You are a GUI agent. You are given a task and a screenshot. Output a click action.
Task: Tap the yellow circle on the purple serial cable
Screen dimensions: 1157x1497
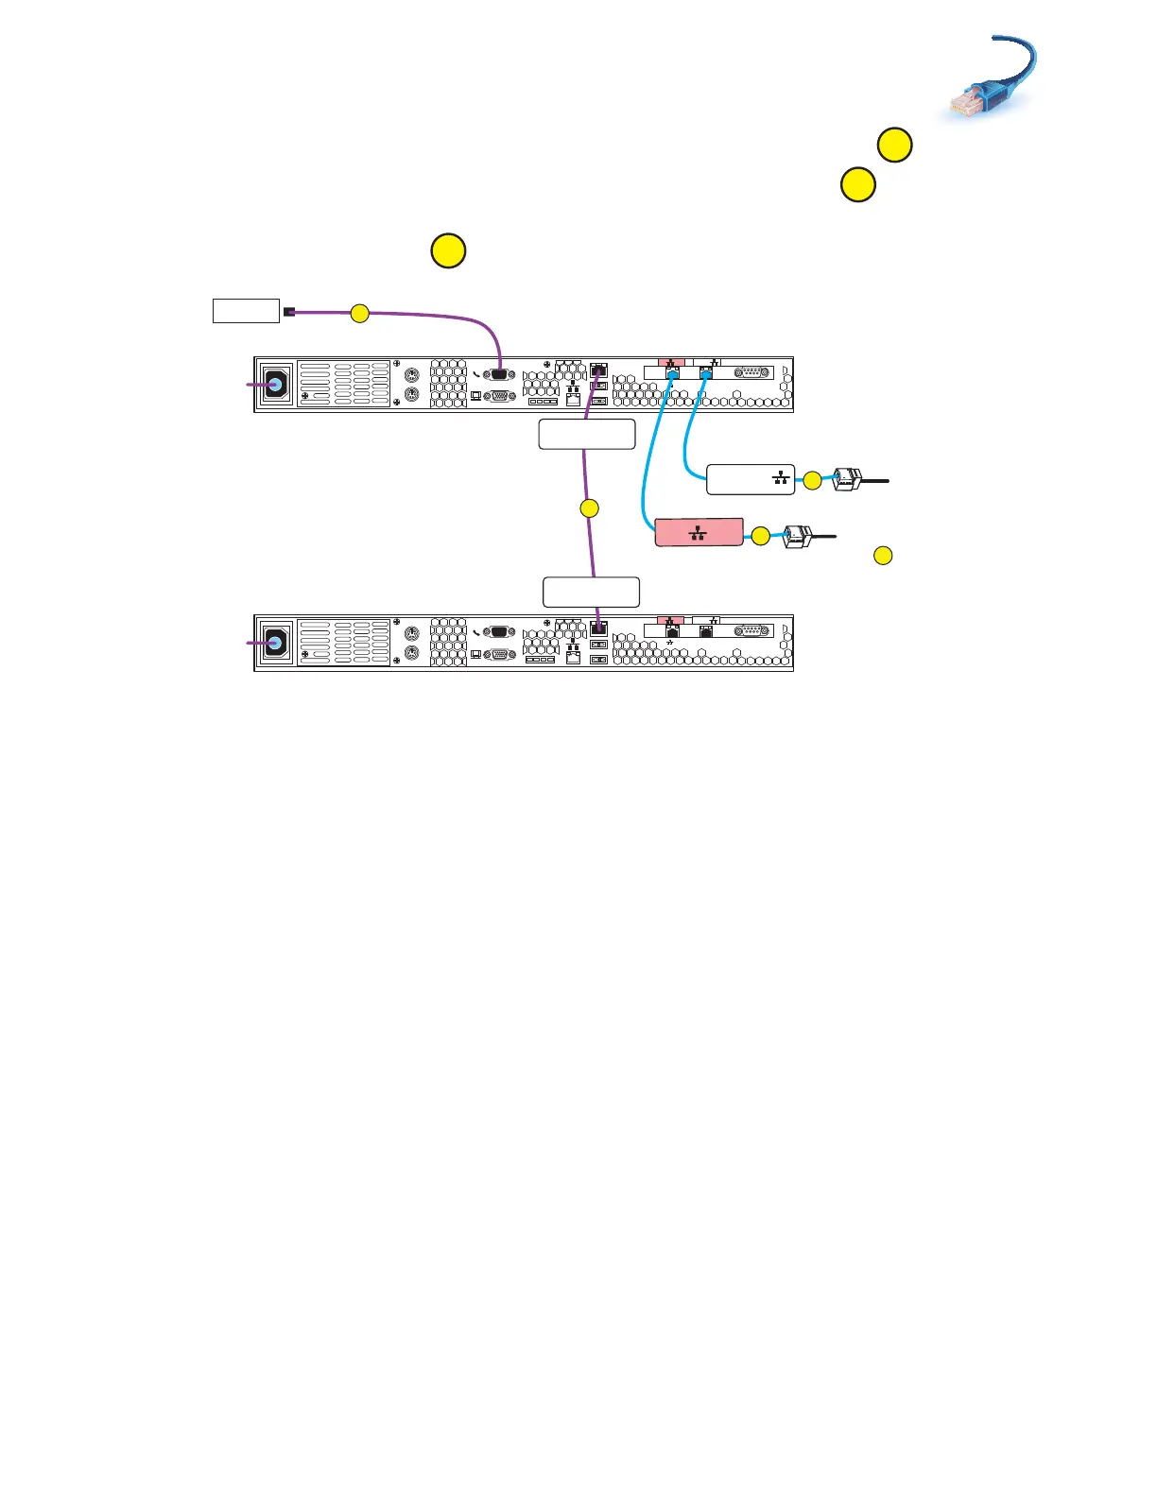point(359,313)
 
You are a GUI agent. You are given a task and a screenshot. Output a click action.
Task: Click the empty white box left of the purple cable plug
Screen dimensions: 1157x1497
point(246,311)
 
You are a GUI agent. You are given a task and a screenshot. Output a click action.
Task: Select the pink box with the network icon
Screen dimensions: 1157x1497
point(699,533)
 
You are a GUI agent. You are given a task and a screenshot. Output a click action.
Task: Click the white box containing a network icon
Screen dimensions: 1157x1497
point(751,480)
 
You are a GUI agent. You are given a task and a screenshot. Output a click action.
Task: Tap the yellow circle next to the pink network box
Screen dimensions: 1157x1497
point(760,537)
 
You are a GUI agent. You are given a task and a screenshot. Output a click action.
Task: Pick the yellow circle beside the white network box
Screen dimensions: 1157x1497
point(812,481)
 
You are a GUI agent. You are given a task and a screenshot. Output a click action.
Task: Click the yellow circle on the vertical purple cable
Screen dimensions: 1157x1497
point(589,508)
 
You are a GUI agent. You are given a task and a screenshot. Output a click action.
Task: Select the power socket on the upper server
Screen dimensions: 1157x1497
point(276,385)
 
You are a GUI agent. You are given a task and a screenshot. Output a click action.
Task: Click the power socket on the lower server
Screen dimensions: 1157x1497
point(276,643)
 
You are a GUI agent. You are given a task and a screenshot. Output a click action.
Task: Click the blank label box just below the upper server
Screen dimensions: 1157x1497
point(587,435)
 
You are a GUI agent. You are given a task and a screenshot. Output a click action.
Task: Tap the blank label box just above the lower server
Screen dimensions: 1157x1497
point(591,592)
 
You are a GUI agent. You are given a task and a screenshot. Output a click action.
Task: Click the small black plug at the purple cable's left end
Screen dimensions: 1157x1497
point(289,312)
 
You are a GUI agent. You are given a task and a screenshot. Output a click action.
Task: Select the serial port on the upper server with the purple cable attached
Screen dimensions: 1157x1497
point(499,374)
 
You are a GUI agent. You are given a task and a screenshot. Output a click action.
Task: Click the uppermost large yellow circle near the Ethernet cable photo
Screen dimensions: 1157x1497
point(894,146)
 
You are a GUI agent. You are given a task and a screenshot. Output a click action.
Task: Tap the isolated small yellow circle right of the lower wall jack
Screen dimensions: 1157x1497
point(882,556)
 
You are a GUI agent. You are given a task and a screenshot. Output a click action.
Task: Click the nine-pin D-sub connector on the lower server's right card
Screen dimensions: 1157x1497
point(753,630)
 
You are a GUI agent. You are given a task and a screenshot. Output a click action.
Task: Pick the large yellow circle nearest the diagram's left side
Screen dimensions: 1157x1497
point(448,251)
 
